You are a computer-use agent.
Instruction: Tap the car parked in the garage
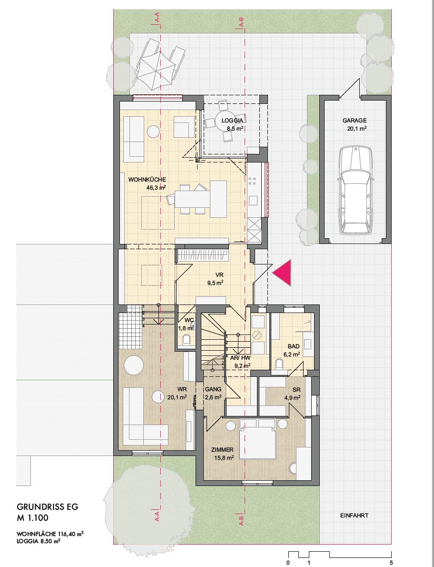[355, 191]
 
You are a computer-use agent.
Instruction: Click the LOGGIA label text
[234, 121]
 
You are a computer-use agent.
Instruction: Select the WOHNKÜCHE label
[147, 180]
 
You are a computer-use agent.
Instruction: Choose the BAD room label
[293, 346]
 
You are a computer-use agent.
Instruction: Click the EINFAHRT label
[354, 516]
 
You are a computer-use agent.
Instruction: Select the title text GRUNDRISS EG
[47, 507]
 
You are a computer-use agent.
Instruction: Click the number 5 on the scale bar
[391, 563]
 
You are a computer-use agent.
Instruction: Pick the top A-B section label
[242, 21]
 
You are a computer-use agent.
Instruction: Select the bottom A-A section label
[156, 517]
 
